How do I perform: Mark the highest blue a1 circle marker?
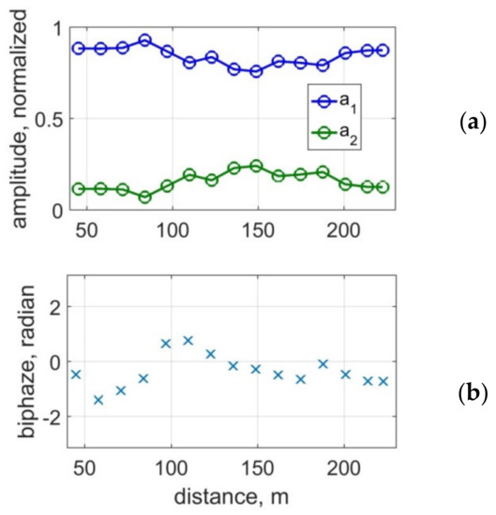pos(145,40)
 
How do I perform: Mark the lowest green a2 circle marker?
pos(145,197)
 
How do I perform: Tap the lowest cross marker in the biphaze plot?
pos(98,400)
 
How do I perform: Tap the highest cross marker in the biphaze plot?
pos(188,340)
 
